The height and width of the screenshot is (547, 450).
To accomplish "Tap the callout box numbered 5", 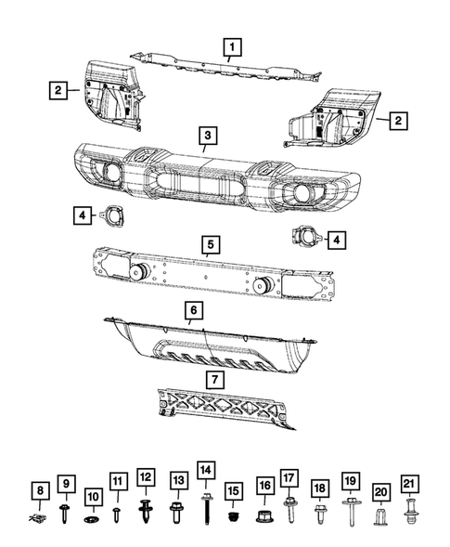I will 211,244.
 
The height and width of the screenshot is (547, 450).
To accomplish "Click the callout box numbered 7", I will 214,379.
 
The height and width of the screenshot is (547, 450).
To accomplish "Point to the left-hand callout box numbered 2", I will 58,90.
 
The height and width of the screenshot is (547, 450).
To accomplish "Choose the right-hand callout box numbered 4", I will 337,240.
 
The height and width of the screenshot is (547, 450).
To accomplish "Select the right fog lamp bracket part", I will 306,240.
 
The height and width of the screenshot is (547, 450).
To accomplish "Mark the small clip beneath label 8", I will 38,514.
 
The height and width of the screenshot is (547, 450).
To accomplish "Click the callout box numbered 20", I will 380,491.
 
